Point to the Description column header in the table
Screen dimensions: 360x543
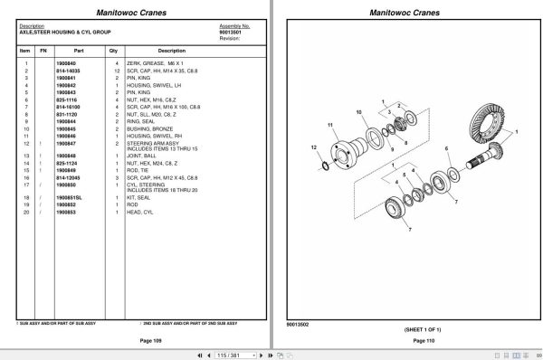click(171, 51)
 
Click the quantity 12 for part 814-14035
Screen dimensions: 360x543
click(117, 70)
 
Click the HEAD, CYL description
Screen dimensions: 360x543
click(146, 211)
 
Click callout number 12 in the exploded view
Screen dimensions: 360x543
click(313, 147)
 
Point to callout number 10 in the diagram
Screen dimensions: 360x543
click(359, 112)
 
